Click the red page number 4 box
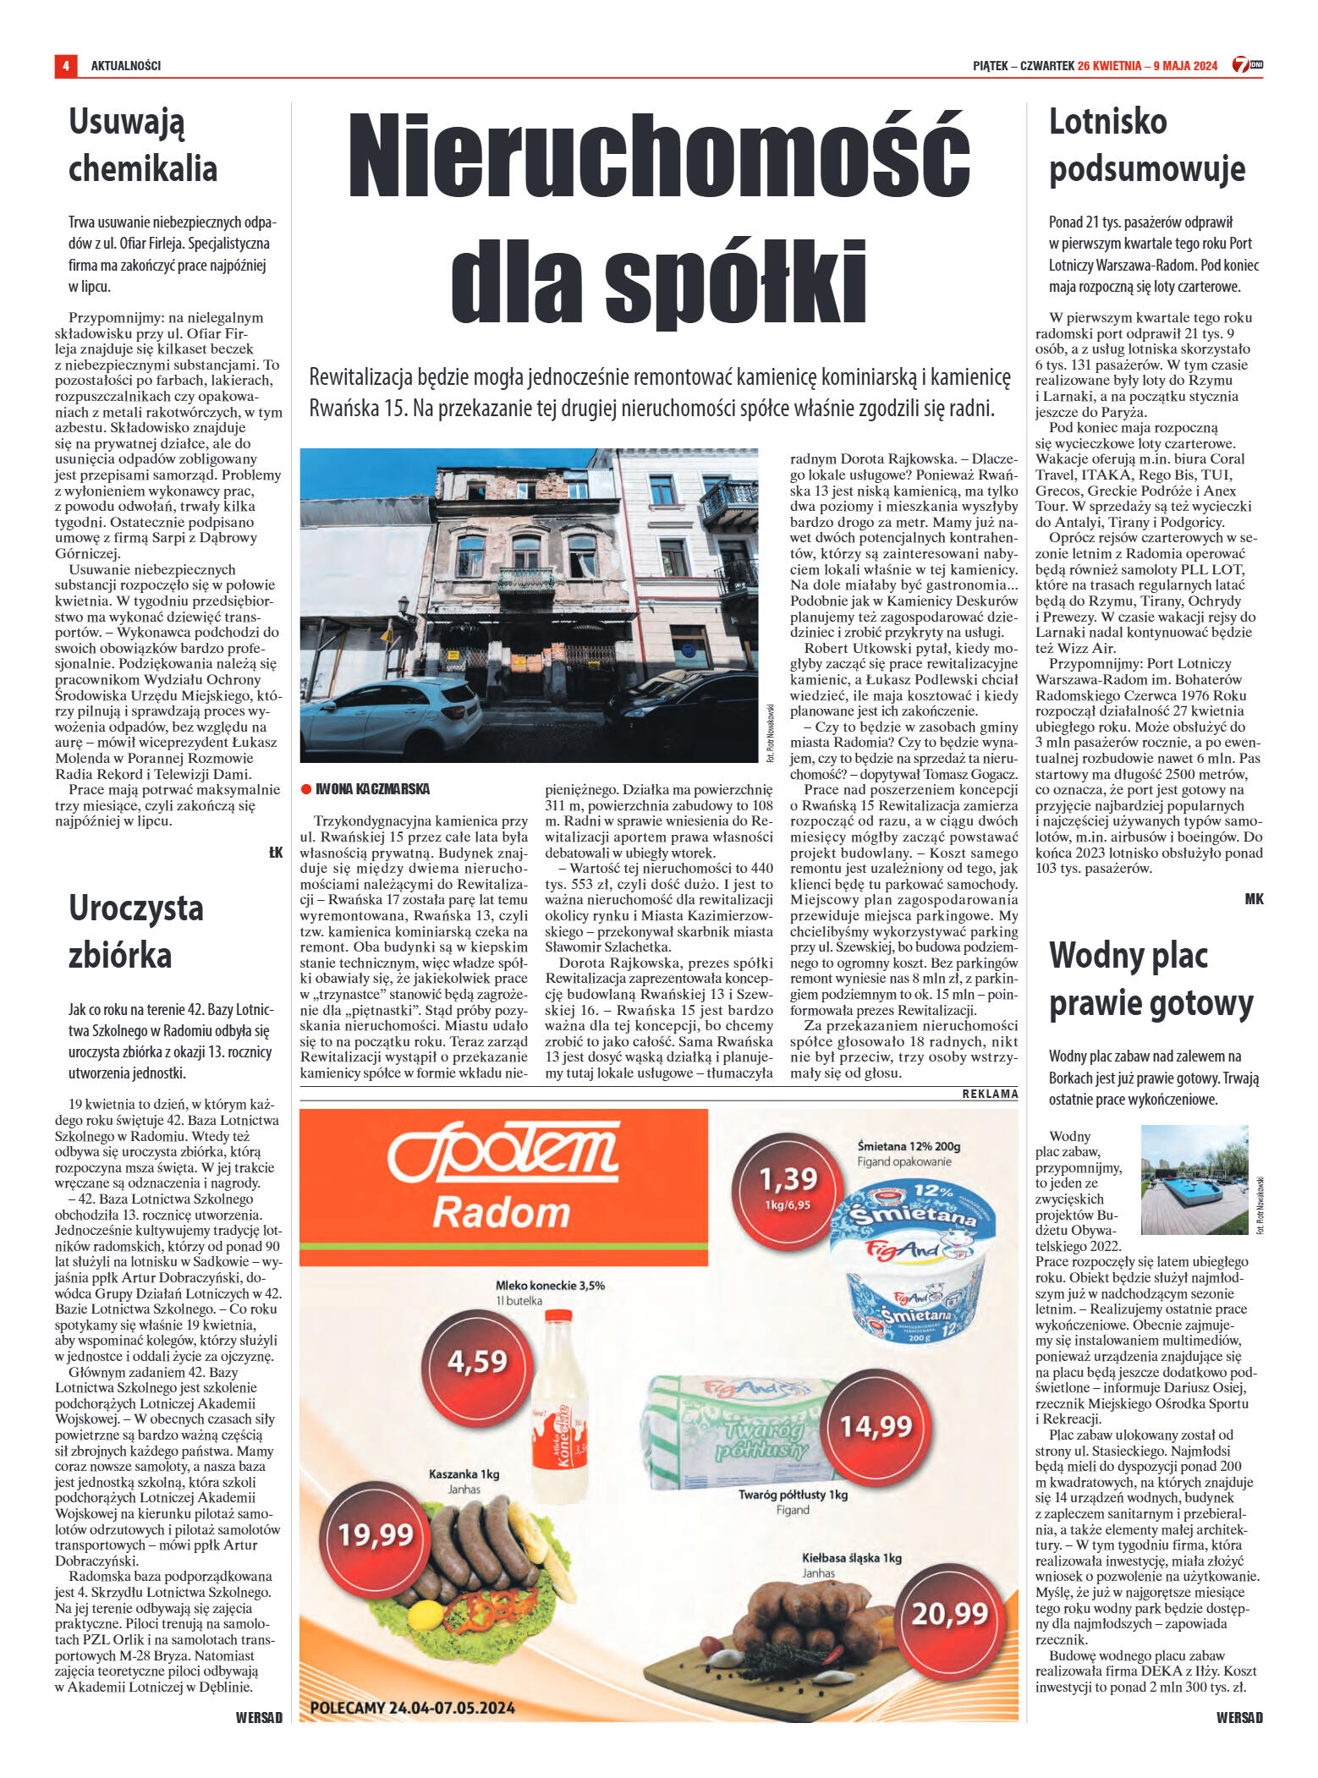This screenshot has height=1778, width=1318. click(x=65, y=66)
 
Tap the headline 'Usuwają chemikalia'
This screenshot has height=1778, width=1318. click(x=142, y=145)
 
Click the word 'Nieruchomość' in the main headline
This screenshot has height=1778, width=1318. click(x=658, y=156)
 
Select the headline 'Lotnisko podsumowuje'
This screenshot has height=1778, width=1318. click(x=1146, y=145)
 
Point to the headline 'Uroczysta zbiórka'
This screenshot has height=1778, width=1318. click(x=135, y=931)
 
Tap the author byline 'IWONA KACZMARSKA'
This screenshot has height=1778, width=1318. click(x=371, y=789)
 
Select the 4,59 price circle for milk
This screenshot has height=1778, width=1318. click(x=478, y=1361)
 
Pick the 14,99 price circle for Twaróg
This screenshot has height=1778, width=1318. click(x=876, y=1426)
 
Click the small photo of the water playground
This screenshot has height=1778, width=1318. click(x=1194, y=1180)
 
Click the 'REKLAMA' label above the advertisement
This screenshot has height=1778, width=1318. click(x=990, y=1094)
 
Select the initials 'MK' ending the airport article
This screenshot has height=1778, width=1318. click(x=1254, y=899)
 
